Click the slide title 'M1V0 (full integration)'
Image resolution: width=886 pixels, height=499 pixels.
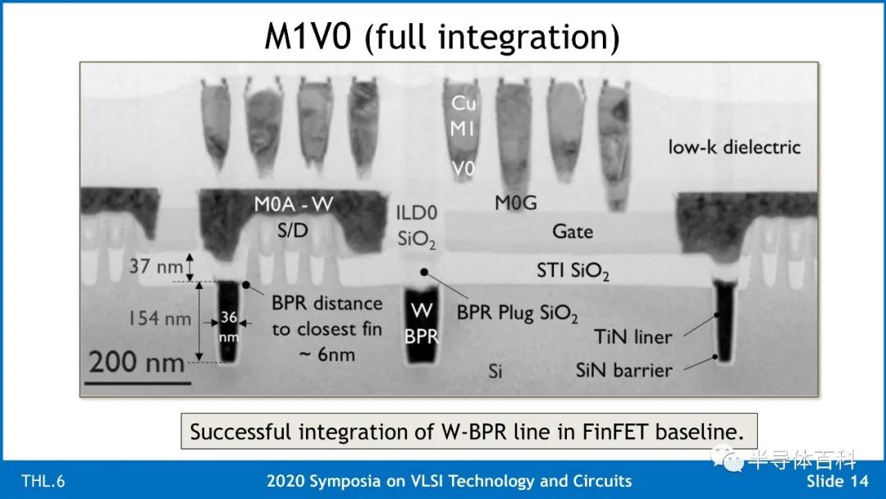click(x=442, y=36)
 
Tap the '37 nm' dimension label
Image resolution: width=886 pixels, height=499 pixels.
click(x=156, y=266)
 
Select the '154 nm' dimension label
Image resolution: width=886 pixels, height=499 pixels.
click(x=160, y=318)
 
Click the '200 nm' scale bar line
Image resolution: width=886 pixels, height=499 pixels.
click(x=138, y=383)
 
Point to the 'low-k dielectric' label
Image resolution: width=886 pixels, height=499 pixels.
click(x=734, y=147)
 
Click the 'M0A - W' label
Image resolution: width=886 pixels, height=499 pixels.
click(x=293, y=204)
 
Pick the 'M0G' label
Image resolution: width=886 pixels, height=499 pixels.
click(x=515, y=203)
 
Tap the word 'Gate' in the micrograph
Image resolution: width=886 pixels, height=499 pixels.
click(x=573, y=231)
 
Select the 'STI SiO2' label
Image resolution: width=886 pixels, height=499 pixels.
click(x=573, y=272)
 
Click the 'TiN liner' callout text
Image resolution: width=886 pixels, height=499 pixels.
click(x=633, y=336)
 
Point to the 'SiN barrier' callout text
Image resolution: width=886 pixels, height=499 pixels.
click(x=623, y=370)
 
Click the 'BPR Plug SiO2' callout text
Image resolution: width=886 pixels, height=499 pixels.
click(x=517, y=313)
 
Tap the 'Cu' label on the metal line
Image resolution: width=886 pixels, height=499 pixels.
click(x=464, y=103)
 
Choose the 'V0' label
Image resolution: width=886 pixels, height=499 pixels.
click(x=463, y=168)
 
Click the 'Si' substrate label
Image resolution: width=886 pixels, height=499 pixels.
click(x=495, y=371)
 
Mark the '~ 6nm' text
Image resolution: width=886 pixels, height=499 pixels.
click(x=327, y=355)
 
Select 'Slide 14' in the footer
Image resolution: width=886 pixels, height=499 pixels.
click(x=837, y=481)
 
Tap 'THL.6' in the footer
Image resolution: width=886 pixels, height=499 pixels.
click(x=43, y=481)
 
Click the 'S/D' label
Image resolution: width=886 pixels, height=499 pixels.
click(x=292, y=230)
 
